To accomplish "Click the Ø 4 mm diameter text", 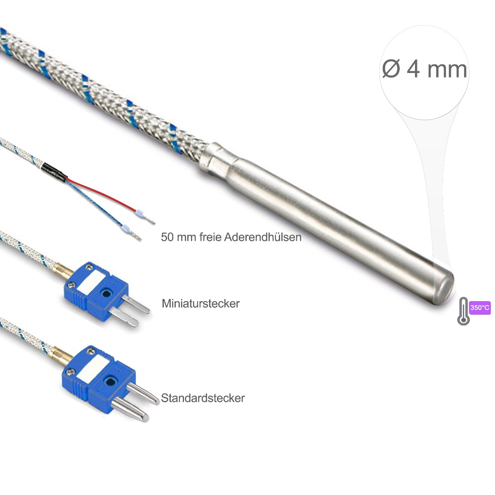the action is click(x=424, y=69).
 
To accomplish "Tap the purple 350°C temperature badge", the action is click(x=480, y=307).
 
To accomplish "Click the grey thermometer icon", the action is click(x=463, y=311).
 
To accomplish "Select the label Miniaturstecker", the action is click(x=200, y=304).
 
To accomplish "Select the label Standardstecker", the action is click(x=203, y=398).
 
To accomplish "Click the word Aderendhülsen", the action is click(x=263, y=237).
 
